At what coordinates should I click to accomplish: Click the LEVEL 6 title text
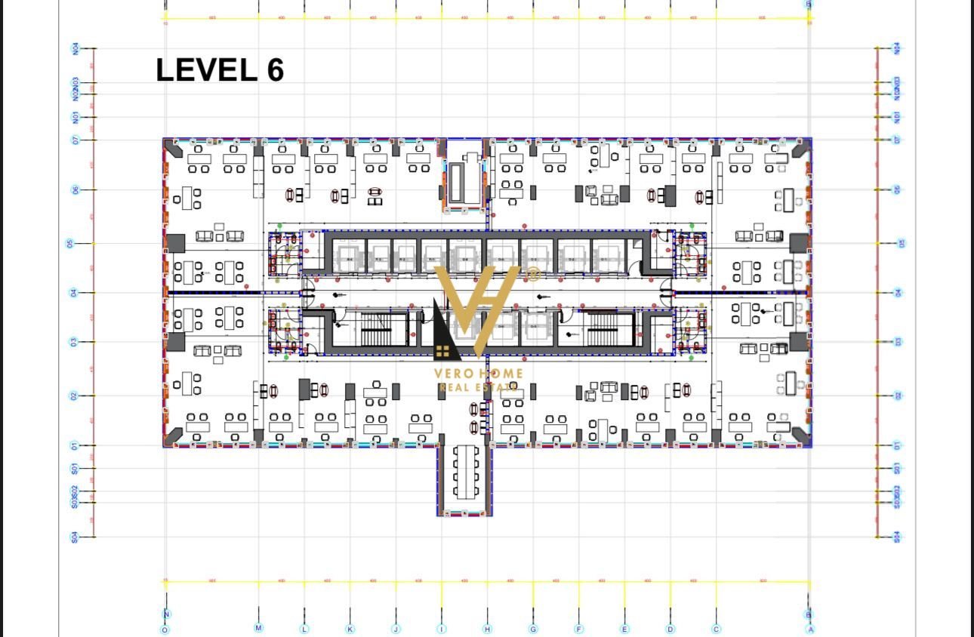coord(220,70)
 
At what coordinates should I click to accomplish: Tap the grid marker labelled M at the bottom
coord(258,628)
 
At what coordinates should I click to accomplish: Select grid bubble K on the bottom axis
coord(350,629)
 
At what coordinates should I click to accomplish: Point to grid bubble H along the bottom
coord(487,629)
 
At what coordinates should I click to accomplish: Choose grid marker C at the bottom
coord(716,629)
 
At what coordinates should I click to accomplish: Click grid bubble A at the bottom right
coord(810,629)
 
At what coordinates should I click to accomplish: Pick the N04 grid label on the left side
coord(76,49)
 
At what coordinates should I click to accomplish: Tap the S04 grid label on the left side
coord(75,537)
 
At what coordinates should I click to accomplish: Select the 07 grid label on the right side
coord(897,140)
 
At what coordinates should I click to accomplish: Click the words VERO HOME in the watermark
coord(478,373)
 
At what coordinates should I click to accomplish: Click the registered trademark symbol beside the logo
coord(533,273)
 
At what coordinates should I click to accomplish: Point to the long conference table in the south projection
coord(465,472)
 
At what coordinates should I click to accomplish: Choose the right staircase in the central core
coord(603,329)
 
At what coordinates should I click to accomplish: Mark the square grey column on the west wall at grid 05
coord(175,243)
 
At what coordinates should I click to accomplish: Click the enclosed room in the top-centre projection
coord(465,178)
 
